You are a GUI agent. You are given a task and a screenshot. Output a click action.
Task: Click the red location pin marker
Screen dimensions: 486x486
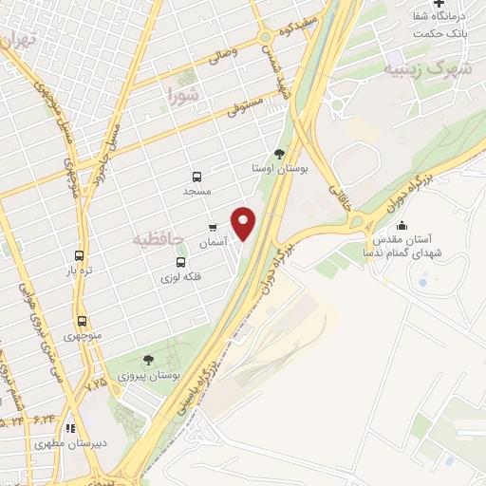tap(244, 223)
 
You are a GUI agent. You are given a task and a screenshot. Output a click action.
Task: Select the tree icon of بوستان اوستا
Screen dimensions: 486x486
tap(277, 154)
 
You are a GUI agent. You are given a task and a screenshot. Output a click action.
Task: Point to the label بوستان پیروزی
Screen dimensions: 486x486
tap(147, 376)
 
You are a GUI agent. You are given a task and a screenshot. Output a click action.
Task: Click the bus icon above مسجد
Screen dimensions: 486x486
tap(196, 177)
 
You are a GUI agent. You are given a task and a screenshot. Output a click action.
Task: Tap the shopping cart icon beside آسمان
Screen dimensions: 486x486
tap(213, 228)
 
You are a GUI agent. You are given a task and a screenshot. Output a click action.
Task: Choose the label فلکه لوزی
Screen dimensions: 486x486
tap(181, 278)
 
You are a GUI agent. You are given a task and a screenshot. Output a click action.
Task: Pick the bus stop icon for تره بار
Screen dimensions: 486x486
tap(79, 256)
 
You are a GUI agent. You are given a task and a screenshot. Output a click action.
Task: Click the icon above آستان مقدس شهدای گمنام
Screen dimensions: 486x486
tap(403, 225)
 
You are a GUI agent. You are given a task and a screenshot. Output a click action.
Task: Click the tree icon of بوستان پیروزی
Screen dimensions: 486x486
tap(147, 359)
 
